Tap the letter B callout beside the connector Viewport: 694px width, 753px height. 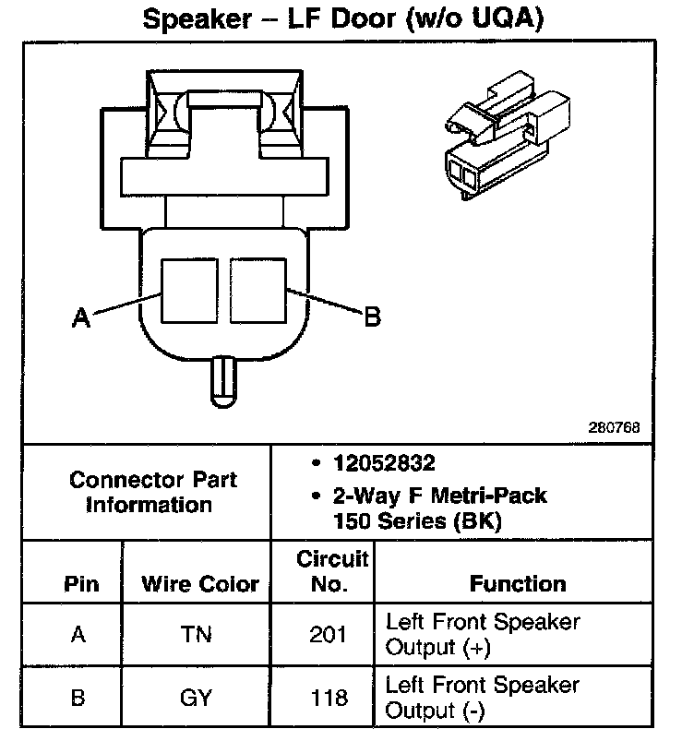coord(371,317)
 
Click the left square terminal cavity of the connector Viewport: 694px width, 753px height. coord(189,288)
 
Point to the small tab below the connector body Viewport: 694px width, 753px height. coord(223,379)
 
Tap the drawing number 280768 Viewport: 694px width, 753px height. coord(614,428)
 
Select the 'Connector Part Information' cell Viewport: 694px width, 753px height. coord(152,492)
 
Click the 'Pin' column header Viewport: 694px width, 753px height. coord(80,584)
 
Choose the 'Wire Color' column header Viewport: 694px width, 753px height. coord(200,584)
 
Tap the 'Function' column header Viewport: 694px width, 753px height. coord(517,584)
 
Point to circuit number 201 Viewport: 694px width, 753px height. coord(329,635)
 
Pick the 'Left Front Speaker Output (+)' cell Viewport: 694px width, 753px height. coord(483,634)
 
